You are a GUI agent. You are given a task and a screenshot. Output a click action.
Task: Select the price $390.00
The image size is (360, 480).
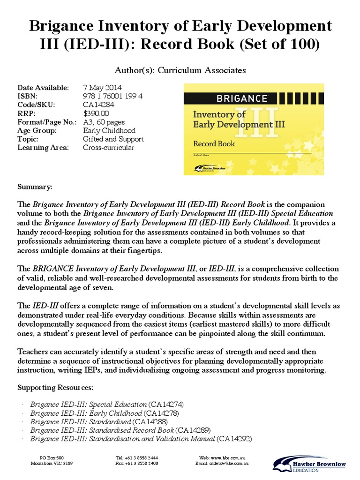click(x=96, y=113)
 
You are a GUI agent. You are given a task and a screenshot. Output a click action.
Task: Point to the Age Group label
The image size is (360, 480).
click(x=37, y=130)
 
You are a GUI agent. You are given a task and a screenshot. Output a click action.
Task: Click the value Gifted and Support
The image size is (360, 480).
click(x=113, y=139)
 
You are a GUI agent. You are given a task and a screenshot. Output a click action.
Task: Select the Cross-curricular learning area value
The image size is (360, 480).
click(x=108, y=148)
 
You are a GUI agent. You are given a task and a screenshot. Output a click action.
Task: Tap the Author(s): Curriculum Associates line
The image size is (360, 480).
click(x=180, y=70)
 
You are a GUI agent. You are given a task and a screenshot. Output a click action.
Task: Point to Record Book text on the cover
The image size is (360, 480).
click(x=214, y=143)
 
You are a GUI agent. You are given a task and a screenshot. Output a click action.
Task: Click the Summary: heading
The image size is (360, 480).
click(x=35, y=187)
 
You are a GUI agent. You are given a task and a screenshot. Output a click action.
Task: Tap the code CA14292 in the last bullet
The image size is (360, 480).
click(x=235, y=439)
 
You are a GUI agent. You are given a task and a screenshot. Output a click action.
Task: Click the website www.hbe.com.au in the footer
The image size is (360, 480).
click(x=229, y=457)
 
